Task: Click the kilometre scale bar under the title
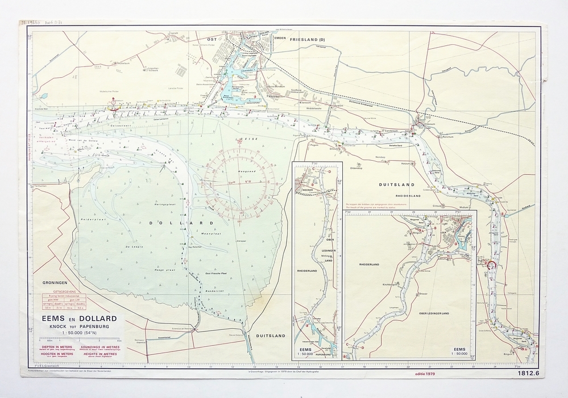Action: [x=68, y=342]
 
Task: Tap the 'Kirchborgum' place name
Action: [x=393, y=282]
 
